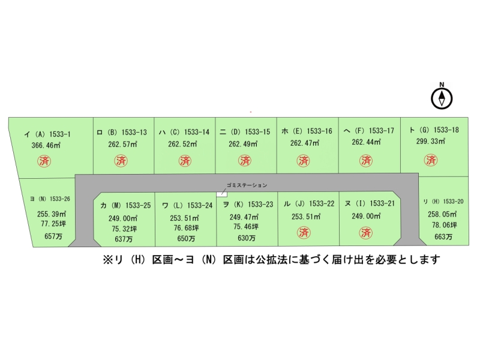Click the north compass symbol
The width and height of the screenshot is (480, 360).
(442, 98)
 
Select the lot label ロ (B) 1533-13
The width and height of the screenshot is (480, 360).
(122, 132)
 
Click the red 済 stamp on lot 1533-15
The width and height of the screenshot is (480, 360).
(245, 160)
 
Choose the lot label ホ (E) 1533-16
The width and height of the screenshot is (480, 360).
(307, 131)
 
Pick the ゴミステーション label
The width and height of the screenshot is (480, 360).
(247, 185)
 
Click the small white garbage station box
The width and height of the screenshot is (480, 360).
(221, 194)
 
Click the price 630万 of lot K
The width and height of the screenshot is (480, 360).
(244, 238)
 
